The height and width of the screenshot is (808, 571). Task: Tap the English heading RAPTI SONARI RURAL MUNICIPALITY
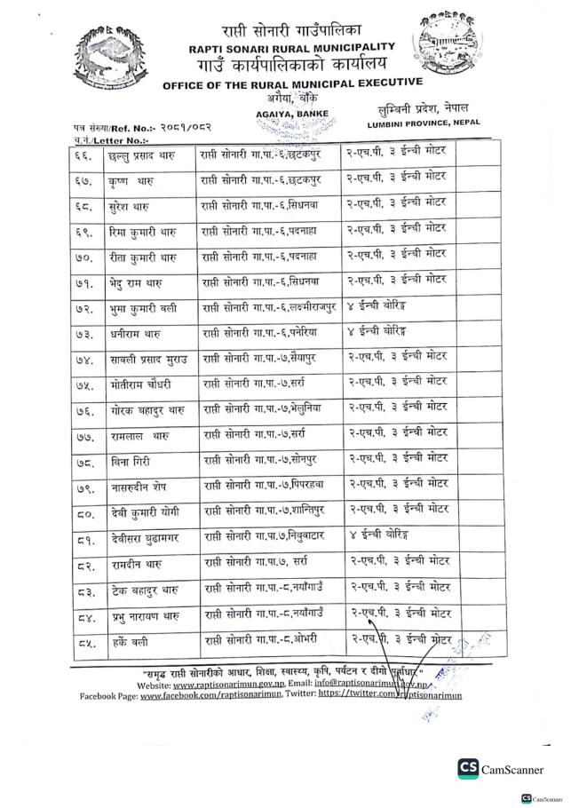tap(292, 45)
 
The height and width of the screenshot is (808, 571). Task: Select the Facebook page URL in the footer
tap(200, 698)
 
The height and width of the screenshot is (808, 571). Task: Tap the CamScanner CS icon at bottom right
tap(468, 769)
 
